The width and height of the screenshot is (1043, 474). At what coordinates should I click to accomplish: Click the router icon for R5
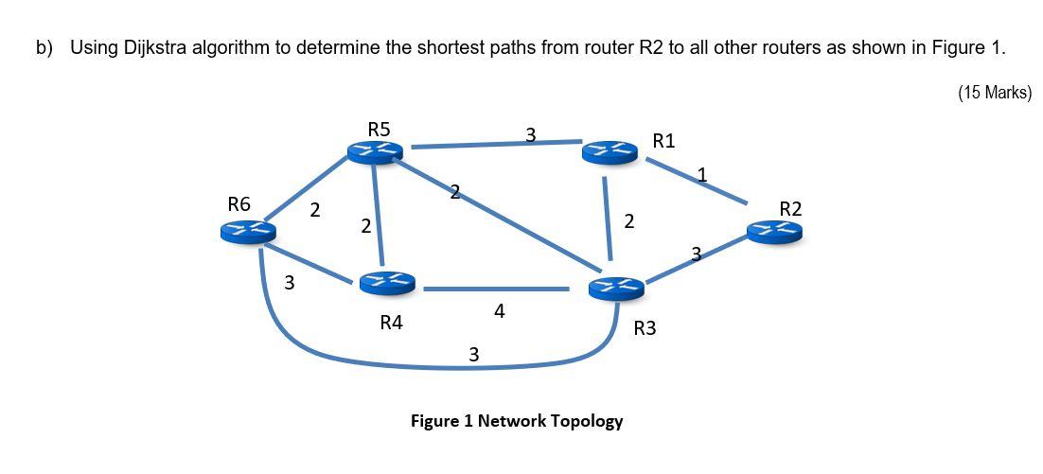pos(375,151)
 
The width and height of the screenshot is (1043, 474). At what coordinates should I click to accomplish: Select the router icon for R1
pos(610,151)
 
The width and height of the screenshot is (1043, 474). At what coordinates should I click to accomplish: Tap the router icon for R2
pos(774,231)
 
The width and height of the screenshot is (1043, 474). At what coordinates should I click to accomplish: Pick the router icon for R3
pos(615,287)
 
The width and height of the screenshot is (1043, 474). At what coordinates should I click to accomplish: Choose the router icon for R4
pos(387,281)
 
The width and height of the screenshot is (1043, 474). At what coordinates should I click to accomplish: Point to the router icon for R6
pos(248,231)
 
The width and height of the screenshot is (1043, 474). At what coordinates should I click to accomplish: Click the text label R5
pos(379,129)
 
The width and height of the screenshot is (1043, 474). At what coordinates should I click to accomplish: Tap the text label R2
pos(790,208)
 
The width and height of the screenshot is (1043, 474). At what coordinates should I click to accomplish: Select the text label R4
pos(391,323)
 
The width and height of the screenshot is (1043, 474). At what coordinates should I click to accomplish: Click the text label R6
pos(239,203)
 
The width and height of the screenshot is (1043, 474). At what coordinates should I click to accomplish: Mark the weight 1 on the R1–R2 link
pos(701,174)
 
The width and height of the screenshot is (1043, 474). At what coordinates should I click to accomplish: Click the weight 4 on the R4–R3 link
pos(499,310)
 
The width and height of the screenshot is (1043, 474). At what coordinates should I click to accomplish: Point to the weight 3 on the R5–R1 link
pos(530,135)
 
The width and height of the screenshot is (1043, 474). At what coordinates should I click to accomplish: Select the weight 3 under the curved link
pos(473,355)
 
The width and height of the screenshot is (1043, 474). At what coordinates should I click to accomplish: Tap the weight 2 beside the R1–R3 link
pos(629,221)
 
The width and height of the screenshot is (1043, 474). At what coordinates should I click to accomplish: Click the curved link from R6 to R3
pos(379,360)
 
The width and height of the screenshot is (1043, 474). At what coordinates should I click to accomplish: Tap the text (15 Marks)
pos(994,93)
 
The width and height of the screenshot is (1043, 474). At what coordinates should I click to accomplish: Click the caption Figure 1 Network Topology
pos(516,421)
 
